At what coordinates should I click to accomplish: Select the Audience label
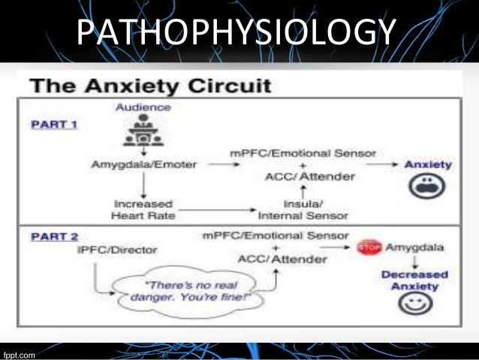click(143, 107)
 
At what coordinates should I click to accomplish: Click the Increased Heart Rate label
click(142, 209)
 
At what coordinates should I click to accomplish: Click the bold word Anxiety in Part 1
click(428, 165)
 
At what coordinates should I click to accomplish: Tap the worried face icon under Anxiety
click(428, 188)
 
